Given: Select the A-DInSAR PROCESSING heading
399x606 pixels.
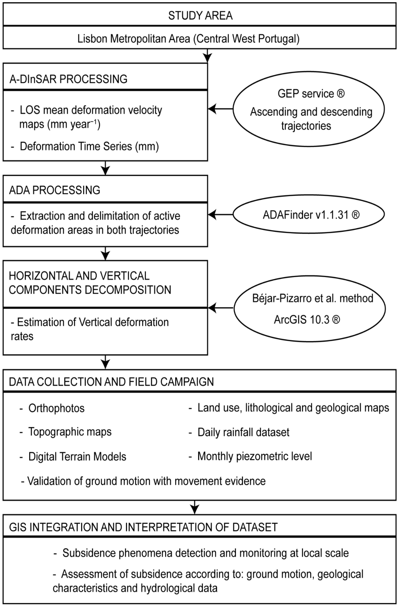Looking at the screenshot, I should [68, 79].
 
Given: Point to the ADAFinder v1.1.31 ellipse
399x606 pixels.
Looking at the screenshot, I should [309, 215].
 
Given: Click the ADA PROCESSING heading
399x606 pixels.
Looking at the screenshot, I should [55, 190].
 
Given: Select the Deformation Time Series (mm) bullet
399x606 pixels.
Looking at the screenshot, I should [89, 146].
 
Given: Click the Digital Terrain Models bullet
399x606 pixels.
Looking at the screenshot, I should [77, 457].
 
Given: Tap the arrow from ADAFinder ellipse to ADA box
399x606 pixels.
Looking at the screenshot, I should [221, 215].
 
